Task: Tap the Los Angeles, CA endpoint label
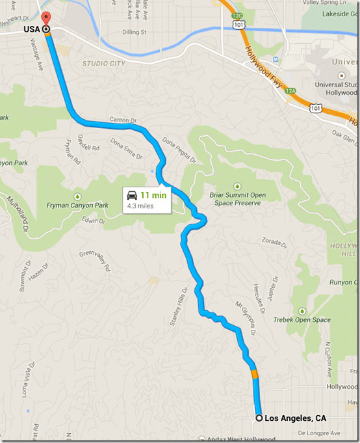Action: point(295,418)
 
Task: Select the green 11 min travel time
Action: point(153,195)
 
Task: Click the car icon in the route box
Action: point(132,195)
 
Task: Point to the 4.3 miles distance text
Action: point(141,206)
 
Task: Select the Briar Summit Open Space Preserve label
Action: point(237,198)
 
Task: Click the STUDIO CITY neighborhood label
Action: point(104,63)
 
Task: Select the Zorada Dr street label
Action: point(272,241)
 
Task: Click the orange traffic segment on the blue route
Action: point(255,374)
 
